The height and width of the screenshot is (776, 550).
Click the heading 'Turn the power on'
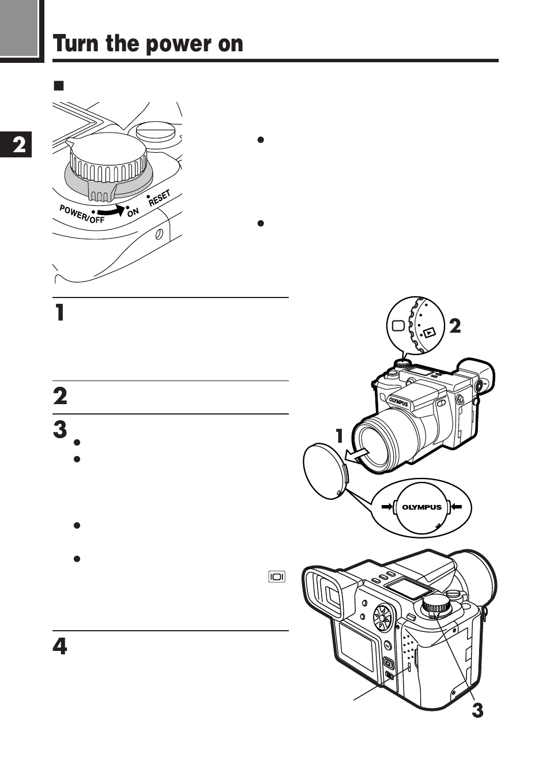coord(148,44)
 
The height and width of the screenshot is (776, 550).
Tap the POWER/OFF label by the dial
coord(82,214)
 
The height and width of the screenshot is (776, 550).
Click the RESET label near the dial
coord(159,198)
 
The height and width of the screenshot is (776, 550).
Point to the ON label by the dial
coord(133,212)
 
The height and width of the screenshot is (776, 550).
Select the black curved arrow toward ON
coord(112,211)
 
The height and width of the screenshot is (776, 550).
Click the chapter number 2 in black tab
coord(19,145)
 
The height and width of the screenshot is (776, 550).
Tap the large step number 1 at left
coord(59,312)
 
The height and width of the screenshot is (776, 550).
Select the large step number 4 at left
coord(60,646)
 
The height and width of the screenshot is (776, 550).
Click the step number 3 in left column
coord(60,430)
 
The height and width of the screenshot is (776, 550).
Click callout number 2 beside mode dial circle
coord(455,326)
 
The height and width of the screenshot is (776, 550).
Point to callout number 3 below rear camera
coord(477,710)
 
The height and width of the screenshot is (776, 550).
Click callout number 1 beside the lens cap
coord(340,436)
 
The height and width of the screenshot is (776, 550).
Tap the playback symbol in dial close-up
coord(429,333)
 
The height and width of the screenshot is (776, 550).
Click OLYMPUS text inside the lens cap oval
coord(421,507)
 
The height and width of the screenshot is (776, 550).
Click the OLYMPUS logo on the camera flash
coord(398,402)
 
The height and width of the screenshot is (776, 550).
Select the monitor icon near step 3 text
coord(277,577)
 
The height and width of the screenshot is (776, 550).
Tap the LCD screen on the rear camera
coord(356,648)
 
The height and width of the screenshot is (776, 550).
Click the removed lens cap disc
coord(324,471)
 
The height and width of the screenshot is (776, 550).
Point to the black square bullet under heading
coord(58,86)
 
